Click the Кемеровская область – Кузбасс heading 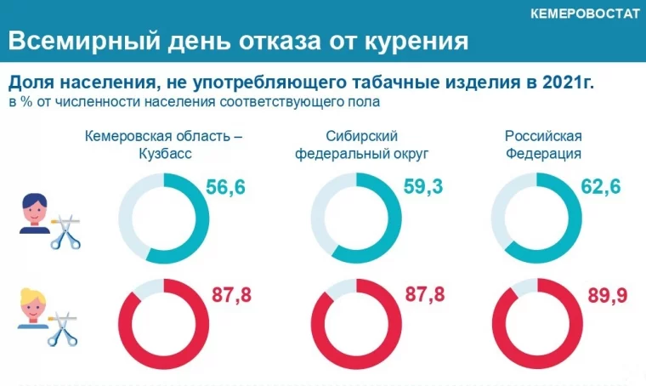point(164,145)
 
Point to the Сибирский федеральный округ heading point(361,145)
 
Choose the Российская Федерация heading point(543,145)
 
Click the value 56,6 point(225,188)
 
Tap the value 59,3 point(423,188)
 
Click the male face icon point(36,213)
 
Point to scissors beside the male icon point(66,230)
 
